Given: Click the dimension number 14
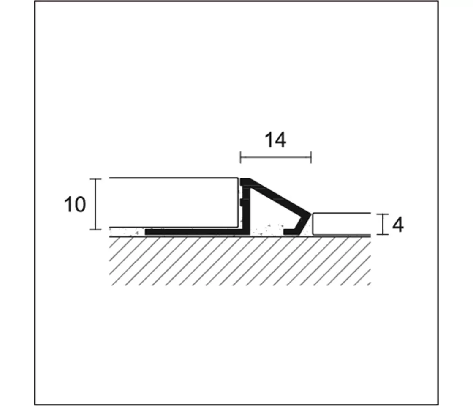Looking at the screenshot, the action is (275, 140).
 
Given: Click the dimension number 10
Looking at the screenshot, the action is (75, 205).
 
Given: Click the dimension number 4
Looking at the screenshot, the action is (397, 225).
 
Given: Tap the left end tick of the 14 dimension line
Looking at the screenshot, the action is (240, 157).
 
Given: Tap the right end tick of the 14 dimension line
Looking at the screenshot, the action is (311, 157).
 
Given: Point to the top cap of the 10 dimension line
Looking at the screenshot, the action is (95, 179).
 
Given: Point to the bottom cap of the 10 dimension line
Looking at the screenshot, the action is (95, 229).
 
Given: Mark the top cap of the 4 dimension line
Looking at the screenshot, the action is (383, 214).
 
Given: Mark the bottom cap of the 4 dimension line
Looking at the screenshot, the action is (383, 234).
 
